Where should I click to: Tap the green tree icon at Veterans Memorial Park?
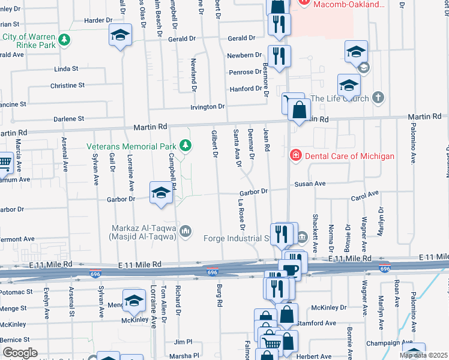click(x=186, y=145)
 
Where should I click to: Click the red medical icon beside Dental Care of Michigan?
click(x=295, y=156)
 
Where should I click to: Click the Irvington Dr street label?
click(x=206, y=107)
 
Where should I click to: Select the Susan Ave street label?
click(x=309, y=184)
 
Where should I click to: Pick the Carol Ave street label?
click(x=365, y=194)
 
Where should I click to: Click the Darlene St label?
click(x=68, y=119)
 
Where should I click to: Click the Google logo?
click(x=19, y=352)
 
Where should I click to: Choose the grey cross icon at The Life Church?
click(x=378, y=97)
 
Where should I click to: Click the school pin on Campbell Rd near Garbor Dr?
click(x=161, y=193)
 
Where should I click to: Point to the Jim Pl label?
click(x=182, y=341)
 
